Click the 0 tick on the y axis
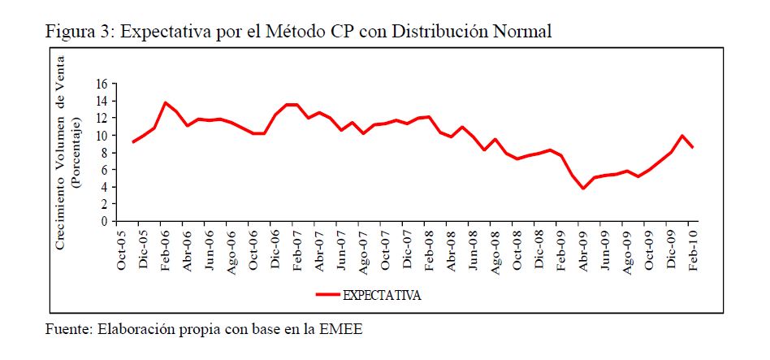tap(105, 221)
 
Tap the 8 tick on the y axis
tap(105, 153)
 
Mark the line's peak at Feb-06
tap(166, 102)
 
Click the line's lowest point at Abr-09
tap(583, 189)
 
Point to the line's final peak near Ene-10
tap(682, 136)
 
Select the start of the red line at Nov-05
tap(132, 142)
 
